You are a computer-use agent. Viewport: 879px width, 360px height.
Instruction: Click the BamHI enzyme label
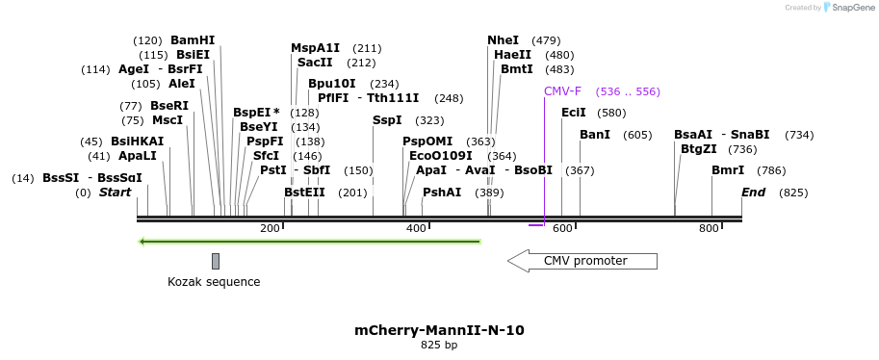[x=193, y=40]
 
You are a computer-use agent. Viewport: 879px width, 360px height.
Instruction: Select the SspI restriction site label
[x=387, y=120]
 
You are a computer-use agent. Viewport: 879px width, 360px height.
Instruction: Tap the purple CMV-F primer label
[x=562, y=91]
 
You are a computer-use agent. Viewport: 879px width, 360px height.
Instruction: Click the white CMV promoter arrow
[x=582, y=261]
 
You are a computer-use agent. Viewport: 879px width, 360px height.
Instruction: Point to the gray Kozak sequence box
[x=216, y=261]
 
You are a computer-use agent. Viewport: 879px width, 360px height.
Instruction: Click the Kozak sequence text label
[x=214, y=282]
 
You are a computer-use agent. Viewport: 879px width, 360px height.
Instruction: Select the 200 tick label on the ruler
[x=270, y=228]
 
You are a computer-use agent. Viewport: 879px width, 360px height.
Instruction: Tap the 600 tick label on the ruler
[x=562, y=228]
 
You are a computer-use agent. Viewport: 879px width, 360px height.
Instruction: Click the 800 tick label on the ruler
[x=709, y=228]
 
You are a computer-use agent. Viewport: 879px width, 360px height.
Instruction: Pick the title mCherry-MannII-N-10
[x=439, y=330]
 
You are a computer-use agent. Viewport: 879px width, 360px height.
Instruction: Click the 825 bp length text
[x=439, y=345]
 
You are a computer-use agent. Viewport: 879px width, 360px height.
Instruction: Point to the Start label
[x=115, y=193]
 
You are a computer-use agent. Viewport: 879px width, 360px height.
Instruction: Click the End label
[x=753, y=193]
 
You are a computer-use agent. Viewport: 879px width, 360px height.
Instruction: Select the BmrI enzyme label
[x=728, y=170]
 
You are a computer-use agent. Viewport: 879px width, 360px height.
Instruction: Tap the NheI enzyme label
[x=503, y=40]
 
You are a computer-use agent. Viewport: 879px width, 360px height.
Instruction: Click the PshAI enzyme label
[x=442, y=193]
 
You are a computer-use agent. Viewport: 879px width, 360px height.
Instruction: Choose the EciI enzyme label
[x=574, y=113]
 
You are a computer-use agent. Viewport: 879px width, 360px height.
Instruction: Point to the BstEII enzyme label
[x=304, y=193]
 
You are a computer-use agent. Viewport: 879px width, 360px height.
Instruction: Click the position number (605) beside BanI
[x=637, y=135]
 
